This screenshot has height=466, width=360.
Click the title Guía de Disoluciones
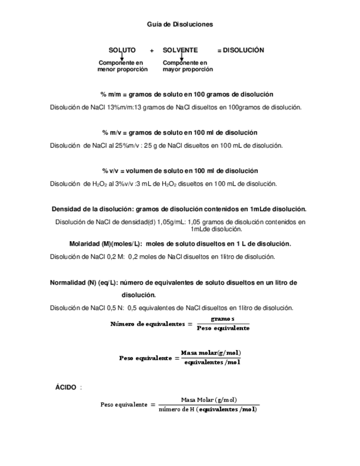click(x=180, y=24)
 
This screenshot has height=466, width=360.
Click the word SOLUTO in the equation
click(x=122, y=50)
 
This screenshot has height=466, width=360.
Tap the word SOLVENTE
click(x=180, y=50)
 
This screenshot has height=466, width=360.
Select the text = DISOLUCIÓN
click(x=241, y=50)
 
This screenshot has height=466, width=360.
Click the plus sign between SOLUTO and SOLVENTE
click(x=152, y=51)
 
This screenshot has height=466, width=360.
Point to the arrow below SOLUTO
click(x=122, y=57)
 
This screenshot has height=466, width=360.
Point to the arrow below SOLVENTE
click(x=181, y=57)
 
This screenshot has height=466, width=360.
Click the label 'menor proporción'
click(x=123, y=70)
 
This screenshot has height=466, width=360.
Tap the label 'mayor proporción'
click(x=187, y=70)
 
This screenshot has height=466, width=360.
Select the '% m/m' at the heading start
click(x=110, y=95)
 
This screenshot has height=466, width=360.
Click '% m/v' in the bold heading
click(x=112, y=133)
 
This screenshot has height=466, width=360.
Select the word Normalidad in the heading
click(x=66, y=282)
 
